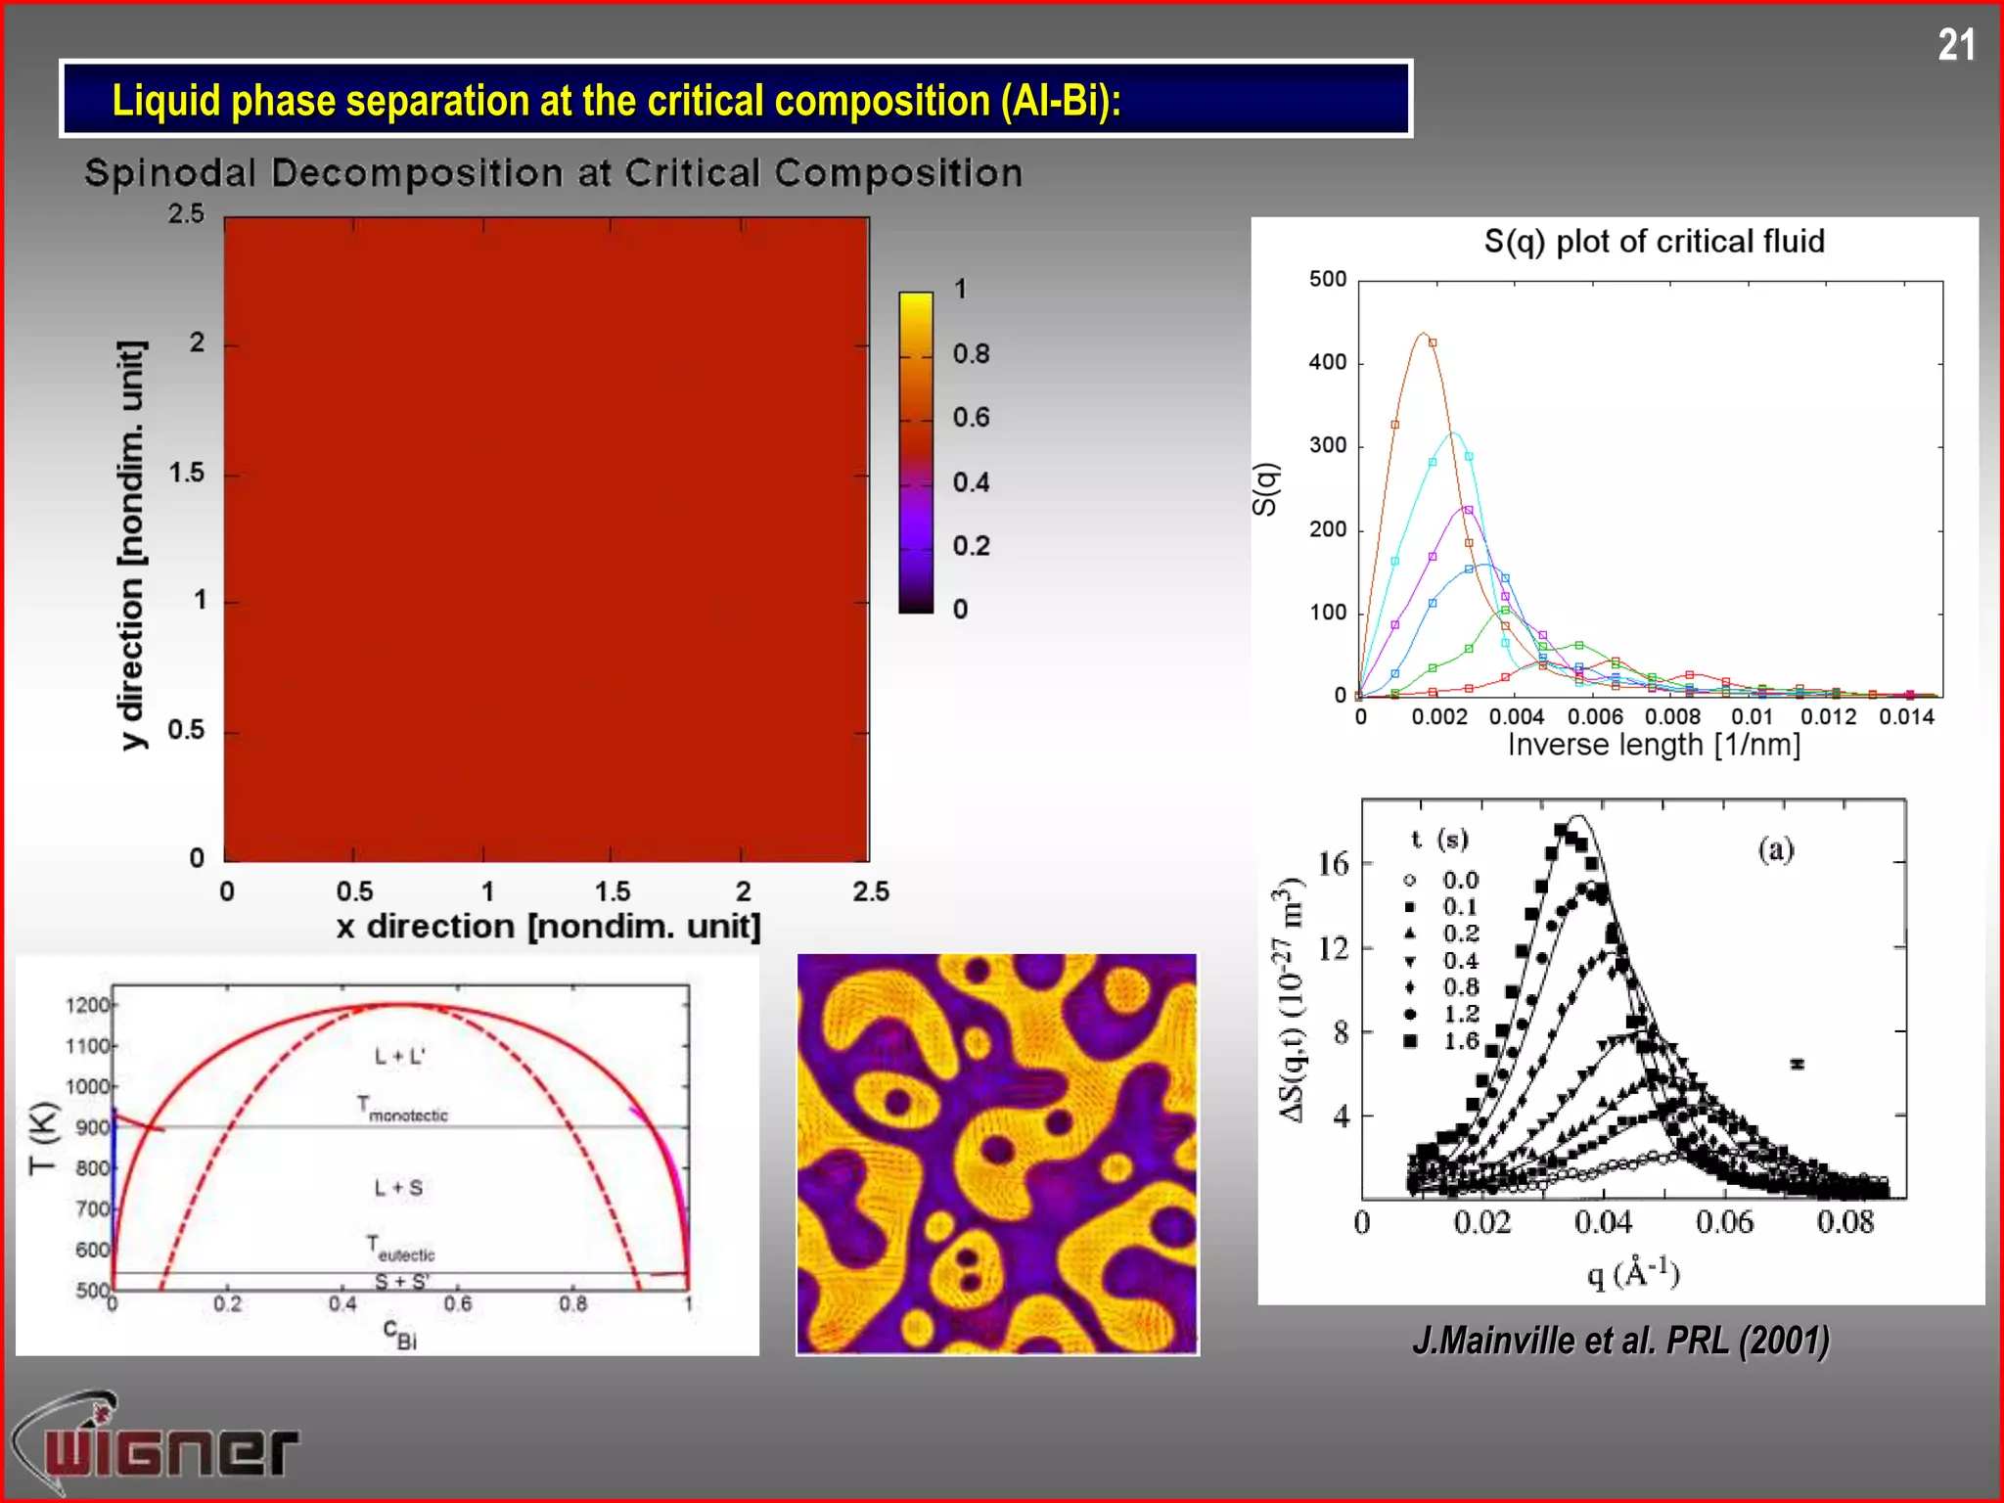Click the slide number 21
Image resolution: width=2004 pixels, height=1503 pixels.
1955,45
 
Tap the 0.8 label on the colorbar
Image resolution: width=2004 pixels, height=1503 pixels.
971,354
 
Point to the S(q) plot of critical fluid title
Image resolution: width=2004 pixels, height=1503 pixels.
1654,241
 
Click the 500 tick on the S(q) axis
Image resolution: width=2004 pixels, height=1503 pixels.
1328,280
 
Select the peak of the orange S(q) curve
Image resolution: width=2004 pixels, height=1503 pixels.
1423,334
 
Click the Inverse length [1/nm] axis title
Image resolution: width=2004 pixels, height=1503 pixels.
1654,746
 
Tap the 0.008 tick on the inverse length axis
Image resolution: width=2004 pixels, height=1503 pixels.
1672,717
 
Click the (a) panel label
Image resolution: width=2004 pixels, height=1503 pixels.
1776,849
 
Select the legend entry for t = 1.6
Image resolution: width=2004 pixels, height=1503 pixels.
1442,1041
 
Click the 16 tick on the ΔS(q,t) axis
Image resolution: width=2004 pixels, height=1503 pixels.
1333,864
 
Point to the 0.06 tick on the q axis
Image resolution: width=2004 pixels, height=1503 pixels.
1724,1222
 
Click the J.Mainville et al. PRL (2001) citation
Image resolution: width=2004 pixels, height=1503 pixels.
1620,1341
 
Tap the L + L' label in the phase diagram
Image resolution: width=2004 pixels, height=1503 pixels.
400,1057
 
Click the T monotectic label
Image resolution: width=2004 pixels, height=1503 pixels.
402,1109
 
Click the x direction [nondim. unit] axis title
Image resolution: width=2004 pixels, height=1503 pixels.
548,927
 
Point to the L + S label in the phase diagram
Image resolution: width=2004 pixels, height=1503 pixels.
398,1188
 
